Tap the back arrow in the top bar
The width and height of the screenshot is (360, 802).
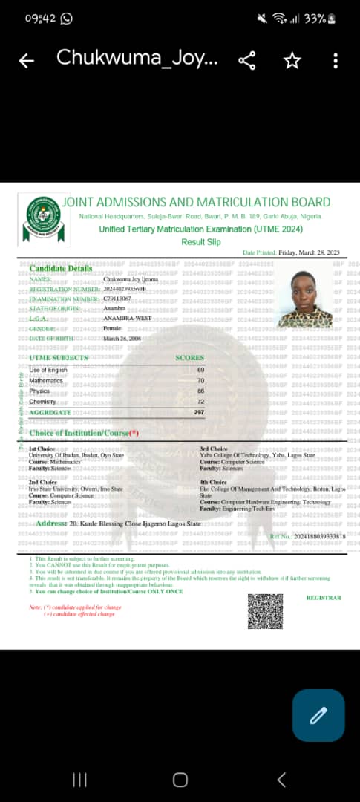[27, 61]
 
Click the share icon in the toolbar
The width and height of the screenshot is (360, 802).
[247, 61]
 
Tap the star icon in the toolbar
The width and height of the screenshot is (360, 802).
[292, 61]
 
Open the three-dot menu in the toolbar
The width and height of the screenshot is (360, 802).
[336, 61]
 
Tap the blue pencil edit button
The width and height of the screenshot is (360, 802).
[318, 715]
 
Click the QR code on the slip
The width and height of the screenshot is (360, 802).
[265, 611]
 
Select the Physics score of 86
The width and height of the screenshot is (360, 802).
[200, 391]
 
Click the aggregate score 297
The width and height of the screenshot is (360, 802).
[199, 412]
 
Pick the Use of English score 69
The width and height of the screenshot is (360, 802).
[200, 370]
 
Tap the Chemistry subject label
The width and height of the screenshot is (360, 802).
[42, 401]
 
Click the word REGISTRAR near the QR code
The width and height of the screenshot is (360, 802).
[324, 598]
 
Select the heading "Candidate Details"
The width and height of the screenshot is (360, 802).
[61, 268]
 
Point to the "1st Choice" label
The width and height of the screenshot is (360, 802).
[42, 449]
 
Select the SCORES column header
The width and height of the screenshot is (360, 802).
[189, 358]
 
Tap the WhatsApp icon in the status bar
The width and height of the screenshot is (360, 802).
[66, 19]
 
